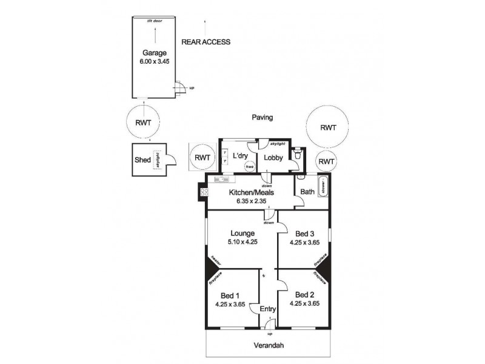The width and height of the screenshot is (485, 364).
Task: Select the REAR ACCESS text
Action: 206,42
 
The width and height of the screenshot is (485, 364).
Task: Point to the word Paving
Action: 263,118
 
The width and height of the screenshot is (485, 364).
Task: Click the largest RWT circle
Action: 328,127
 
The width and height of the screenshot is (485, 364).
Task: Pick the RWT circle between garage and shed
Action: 143,122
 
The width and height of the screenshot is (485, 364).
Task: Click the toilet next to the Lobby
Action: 296,156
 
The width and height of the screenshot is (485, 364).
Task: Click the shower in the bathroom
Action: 323,187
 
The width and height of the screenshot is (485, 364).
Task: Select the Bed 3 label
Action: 305,234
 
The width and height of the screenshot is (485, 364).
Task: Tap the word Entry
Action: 267,309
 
